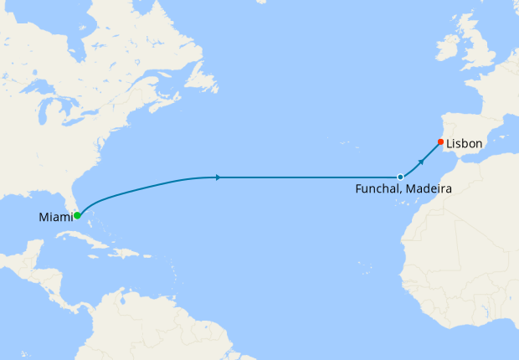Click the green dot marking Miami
(77, 215)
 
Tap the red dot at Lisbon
(440, 141)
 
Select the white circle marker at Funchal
(400, 177)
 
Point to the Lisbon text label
(465, 144)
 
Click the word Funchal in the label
(379, 190)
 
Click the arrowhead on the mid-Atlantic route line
(218, 177)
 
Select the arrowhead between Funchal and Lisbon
(421, 158)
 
